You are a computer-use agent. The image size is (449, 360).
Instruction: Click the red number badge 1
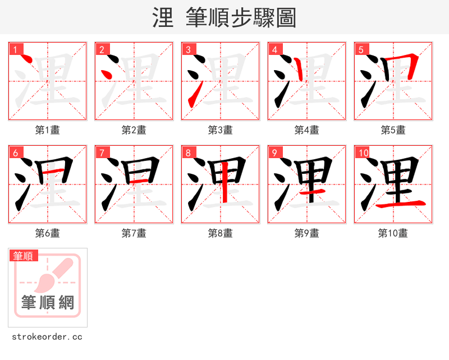coord(15,49)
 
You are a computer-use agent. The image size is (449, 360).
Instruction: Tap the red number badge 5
coord(361,49)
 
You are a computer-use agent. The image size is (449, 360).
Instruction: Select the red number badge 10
coord(363,153)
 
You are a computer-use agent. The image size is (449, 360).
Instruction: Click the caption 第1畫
coord(47,130)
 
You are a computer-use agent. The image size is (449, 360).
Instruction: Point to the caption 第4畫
coord(306,130)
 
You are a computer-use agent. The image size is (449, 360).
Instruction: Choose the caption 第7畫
coord(134,233)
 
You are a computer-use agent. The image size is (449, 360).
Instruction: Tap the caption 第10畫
coord(393,233)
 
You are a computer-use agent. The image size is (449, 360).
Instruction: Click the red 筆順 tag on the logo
coord(24,256)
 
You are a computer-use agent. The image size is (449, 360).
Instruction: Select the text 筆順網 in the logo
coord(48,303)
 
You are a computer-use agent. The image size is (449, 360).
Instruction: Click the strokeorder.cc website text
coord(47,336)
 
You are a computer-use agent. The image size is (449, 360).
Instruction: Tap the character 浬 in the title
coord(163,18)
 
